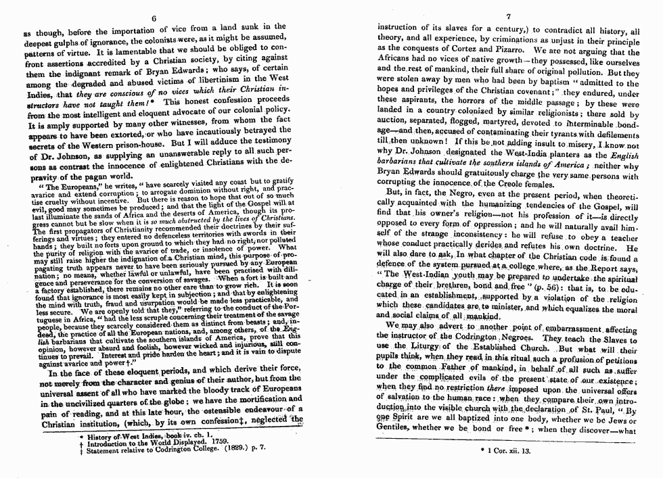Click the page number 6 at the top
155,18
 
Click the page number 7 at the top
508,17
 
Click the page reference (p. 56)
545,286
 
